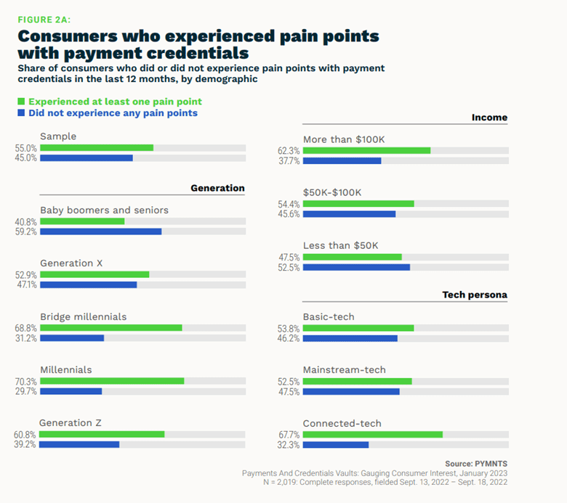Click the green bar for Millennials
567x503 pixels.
(x=112, y=380)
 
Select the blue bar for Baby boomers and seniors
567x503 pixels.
(x=100, y=232)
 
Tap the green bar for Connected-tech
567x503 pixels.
(x=372, y=434)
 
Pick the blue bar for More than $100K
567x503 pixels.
(x=342, y=160)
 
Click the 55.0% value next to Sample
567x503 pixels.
(x=26, y=147)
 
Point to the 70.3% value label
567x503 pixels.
(x=26, y=380)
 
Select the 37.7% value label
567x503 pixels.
(x=289, y=160)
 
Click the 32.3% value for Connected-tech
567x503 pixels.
(x=289, y=444)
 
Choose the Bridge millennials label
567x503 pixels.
(x=84, y=316)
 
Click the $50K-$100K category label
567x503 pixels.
(x=332, y=192)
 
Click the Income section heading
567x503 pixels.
(x=489, y=117)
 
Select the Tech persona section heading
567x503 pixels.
(x=475, y=295)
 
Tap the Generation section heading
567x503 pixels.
(x=217, y=188)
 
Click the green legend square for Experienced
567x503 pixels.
(x=22, y=102)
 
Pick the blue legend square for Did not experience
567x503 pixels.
(x=22, y=113)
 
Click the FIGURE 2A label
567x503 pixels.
(x=44, y=20)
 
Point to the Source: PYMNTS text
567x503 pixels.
(x=475, y=463)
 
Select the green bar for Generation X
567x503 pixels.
(x=94, y=274)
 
